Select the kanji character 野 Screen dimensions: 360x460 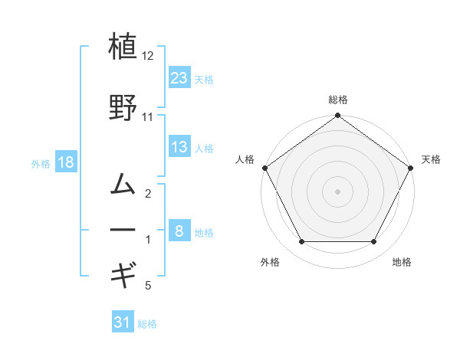[x=123, y=107]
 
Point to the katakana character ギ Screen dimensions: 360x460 [x=123, y=271]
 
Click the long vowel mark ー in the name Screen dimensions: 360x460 [x=123, y=228]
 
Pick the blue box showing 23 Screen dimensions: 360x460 [x=179, y=77]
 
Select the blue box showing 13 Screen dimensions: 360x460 [x=179, y=147]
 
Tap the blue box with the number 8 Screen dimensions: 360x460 [x=179, y=231]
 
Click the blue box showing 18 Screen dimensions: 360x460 [x=65, y=162]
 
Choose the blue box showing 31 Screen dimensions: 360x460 [x=123, y=322]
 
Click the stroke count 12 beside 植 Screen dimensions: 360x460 [x=148, y=57]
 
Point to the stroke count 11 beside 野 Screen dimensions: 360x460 [x=148, y=117]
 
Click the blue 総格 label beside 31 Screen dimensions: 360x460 [x=147, y=324]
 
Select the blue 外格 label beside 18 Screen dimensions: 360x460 [x=41, y=163]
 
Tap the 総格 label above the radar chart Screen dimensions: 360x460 [x=337, y=100]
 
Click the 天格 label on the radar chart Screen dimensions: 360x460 [x=431, y=159]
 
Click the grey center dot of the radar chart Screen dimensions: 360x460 [x=337, y=191]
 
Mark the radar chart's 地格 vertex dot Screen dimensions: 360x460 [x=373, y=242]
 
